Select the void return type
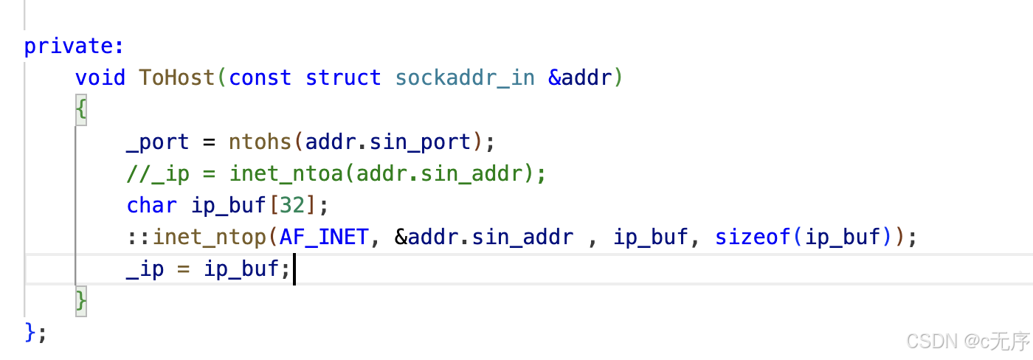pyautogui.click(x=100, y=77)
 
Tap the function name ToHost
pyautogui.click(x=177, y=77)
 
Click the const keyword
pyautogui.click(x=260, y=77)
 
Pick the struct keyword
pyautogui.click(x=343, y=77)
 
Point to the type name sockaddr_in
pyautogui.click(x=465, y=77)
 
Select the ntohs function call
pyautogui.click(x=260, y=142)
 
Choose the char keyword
pyautogui.click(x=151, y=206)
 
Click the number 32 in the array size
pyautogui.click(x=291, y=206)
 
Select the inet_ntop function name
pyautogui.click(x=210, y=238)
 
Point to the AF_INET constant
pyautogui.click(x=325, y=238)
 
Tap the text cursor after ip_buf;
pyautogui.click(x=294, y=270)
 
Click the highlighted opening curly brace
pyautogui.click(x=81, y=110)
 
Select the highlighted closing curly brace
pyautogui.click(x=81, y=302)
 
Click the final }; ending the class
pyautogui.click(x=35, y=333)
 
